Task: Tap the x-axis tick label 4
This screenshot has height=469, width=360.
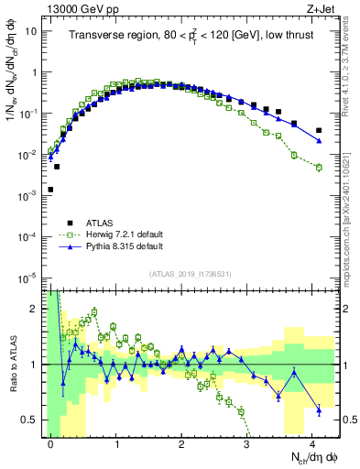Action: point(313,443)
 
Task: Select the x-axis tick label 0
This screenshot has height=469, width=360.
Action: point(50,443)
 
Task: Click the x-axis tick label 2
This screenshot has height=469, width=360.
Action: point(182,443)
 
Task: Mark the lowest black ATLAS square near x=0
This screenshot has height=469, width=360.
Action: point(50,190)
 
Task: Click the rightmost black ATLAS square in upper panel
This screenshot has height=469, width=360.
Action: point(318,130)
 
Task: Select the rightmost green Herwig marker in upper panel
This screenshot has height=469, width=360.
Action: point(318,167)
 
